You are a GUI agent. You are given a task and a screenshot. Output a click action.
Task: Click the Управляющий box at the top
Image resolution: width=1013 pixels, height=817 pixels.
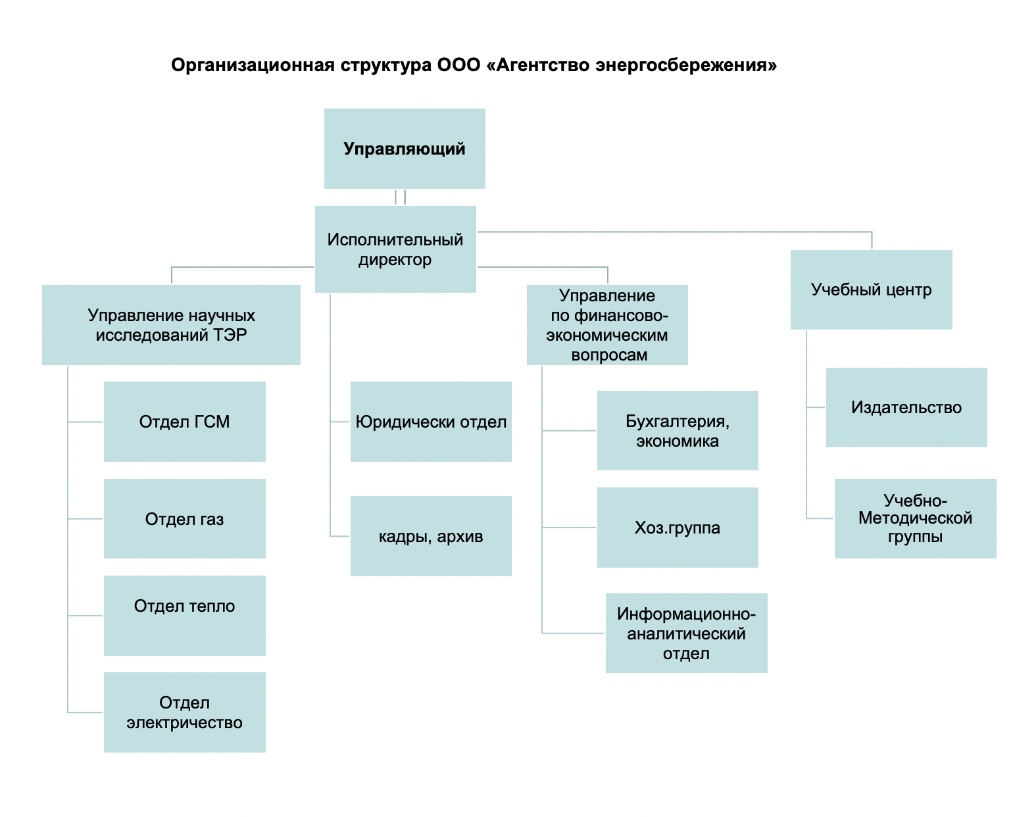405,149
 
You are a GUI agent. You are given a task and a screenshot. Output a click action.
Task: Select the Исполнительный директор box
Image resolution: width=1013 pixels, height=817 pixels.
395,249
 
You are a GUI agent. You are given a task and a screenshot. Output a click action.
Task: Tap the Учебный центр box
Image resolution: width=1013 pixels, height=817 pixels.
872,289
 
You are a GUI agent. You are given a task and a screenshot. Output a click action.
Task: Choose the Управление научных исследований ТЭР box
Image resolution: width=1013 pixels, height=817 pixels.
171,325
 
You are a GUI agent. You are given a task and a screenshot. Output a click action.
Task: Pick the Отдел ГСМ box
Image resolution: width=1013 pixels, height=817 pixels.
185,422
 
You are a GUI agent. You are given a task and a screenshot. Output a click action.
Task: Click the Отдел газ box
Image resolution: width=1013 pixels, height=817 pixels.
185,518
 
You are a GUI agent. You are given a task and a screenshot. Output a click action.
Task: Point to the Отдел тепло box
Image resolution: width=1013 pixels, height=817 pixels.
185,616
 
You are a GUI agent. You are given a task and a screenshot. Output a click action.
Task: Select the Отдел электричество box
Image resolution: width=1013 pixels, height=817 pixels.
185,712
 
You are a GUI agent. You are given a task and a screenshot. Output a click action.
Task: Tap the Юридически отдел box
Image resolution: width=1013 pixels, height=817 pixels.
432,422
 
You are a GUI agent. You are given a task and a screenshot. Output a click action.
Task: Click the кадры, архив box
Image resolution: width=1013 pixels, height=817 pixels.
432,536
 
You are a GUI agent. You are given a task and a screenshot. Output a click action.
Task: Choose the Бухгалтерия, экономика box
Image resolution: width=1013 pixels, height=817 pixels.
678,430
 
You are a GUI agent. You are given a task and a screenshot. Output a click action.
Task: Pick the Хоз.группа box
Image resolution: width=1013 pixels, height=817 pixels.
678,528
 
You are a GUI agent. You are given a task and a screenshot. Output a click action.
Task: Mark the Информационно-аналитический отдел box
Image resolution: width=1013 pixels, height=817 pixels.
687,633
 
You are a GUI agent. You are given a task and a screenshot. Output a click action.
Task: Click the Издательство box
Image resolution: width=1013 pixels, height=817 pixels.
906,407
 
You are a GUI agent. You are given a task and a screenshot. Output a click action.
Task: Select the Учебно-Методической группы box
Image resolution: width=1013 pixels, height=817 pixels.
916,518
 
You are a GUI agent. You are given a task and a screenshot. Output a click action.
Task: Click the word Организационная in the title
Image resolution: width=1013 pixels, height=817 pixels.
253,65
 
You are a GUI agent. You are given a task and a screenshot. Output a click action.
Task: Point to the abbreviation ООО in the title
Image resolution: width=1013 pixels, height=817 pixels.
459,65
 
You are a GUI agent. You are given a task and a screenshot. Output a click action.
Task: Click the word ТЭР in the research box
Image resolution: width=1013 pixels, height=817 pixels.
230,335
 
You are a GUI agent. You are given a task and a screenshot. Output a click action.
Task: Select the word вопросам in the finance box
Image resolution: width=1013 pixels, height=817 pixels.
609,355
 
